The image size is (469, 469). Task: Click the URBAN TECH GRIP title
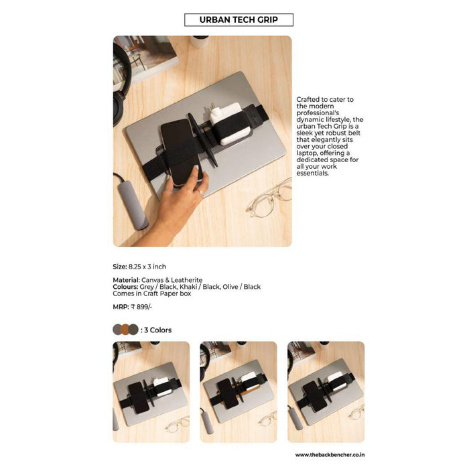coord(239,19)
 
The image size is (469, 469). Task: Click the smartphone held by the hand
coord(180,153)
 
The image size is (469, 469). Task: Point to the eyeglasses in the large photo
coord(269,198)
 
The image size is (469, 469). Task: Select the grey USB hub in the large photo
coord(132,204)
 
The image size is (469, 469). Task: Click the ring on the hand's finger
coord(201,193)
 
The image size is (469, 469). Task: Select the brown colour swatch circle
coord(125,330)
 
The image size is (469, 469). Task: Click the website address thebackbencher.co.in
coord(330,455)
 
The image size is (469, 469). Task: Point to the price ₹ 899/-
coord(141,307)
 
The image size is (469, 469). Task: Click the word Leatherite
coord(187,280)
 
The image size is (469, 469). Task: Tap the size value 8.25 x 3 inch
coord(147,267)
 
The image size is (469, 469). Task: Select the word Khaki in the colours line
coord(188,287)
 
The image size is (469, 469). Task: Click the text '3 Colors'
coord(157,330)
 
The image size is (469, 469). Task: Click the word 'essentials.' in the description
coord(313,173)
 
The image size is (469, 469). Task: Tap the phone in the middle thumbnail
coord(228,394)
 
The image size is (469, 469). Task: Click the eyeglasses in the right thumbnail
coord(356,412)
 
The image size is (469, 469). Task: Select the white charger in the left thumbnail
coord(162,386)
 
